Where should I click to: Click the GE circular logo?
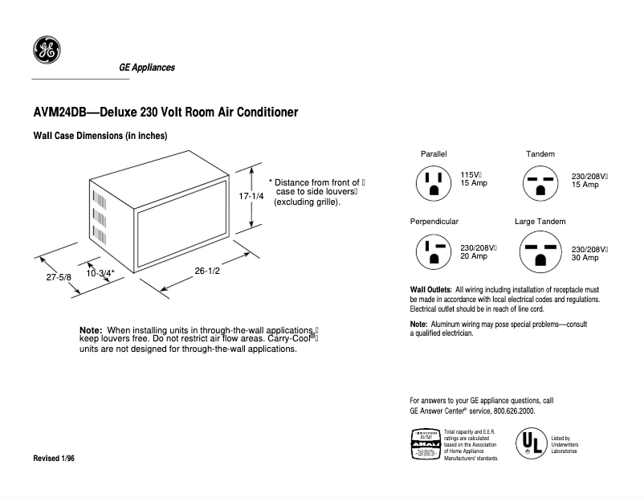click(47, 52)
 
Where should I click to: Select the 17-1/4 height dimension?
click(251, 196)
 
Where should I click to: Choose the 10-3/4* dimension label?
click(101, 273)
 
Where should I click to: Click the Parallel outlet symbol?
click(434, 183)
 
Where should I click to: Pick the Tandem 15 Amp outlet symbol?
click(540, 183)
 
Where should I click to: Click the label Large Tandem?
click(540, 221)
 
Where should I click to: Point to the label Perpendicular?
click(434, 221)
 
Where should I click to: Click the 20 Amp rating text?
click(474, 256)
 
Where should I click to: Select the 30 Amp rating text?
click(585, 258)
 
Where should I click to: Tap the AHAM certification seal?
click(424, 444)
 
